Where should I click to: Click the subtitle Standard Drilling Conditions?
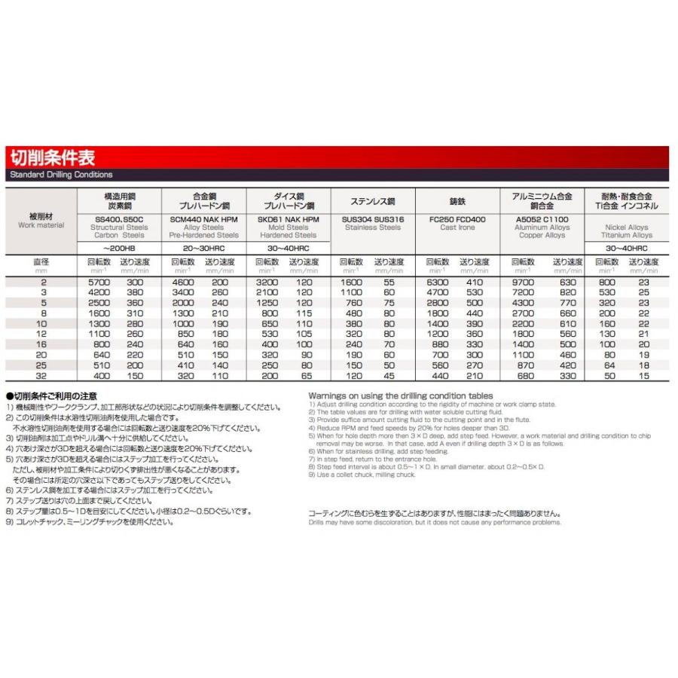(61, 175)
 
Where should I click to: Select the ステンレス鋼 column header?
(373, 202)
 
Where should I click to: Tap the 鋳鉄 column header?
(457, 202)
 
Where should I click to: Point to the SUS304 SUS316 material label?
(373, 219)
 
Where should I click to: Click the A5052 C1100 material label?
(542, 219)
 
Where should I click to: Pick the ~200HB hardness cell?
(119, 248)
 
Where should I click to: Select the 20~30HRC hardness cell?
(203, 248)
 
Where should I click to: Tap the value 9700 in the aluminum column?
(522, 281)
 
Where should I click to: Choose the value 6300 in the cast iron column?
(438, 281)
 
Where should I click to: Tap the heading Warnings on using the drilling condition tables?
(400, 395)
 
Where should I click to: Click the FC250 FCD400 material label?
(457, 219)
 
